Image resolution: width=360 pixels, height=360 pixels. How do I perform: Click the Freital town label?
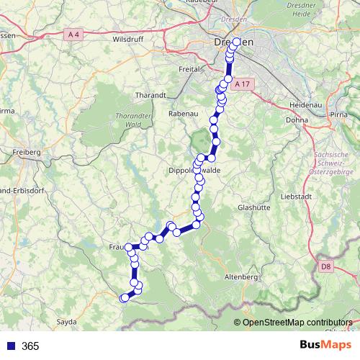click(x=188, y=69)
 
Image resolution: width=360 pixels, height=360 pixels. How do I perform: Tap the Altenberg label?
click(x=241, y=276)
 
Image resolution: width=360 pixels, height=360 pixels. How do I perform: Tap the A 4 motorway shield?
click(x=72, y=34)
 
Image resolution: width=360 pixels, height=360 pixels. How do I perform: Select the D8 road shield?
click(x=326, y=267)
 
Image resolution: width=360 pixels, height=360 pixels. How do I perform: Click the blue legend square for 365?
click(x=10, y=346)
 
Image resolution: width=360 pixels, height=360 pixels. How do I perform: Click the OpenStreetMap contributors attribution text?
click(x=297, y=322)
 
